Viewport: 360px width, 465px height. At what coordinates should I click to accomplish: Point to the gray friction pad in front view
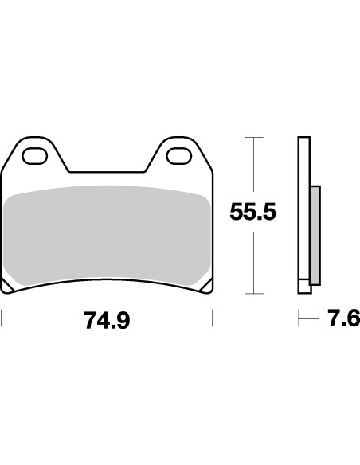106,235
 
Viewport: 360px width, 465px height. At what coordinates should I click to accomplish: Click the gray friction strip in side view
314,235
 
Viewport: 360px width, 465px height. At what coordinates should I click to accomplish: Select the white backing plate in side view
303,207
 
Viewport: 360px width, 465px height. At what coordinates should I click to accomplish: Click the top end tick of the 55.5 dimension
252,138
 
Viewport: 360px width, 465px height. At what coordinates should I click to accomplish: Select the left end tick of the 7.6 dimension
299,320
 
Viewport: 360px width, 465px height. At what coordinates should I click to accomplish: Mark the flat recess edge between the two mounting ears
108,172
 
